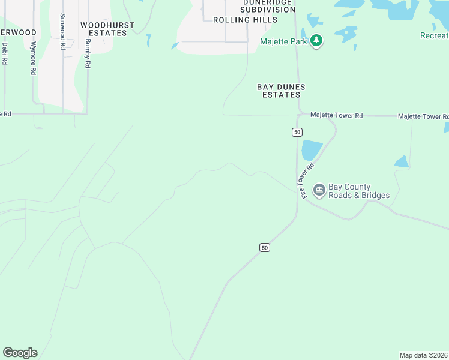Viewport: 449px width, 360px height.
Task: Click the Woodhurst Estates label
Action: [107, 29]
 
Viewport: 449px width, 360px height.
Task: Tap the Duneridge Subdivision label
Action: [267, 5]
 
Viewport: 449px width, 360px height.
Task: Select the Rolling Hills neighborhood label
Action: [246, 20]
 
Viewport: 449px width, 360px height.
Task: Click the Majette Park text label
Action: [283, 41]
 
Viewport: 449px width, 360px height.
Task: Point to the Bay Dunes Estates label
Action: [281, 91]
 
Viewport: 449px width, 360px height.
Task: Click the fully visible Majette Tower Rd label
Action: [336, 115]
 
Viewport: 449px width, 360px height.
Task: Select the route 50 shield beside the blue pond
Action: [297, 131]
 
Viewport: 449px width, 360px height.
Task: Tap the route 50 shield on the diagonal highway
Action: [265, 247]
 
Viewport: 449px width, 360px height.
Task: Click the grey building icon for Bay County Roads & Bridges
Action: [319, 191]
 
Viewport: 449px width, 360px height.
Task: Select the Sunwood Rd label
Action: [62, 32]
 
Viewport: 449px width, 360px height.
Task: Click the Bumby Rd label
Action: [88, 53]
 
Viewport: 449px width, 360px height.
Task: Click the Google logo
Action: [20, 353]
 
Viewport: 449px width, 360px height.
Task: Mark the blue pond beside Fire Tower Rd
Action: [312, 150]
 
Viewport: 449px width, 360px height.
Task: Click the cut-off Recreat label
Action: [434, 36]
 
